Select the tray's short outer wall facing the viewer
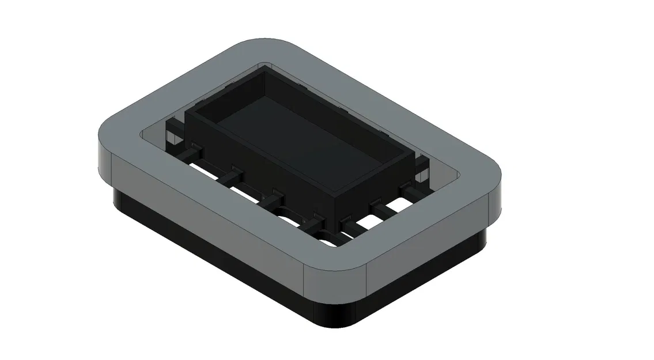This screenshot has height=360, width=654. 375,184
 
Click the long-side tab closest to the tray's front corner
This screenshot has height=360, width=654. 315,218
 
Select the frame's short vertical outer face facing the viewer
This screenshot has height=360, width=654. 426,242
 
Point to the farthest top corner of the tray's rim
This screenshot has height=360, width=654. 265,67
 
